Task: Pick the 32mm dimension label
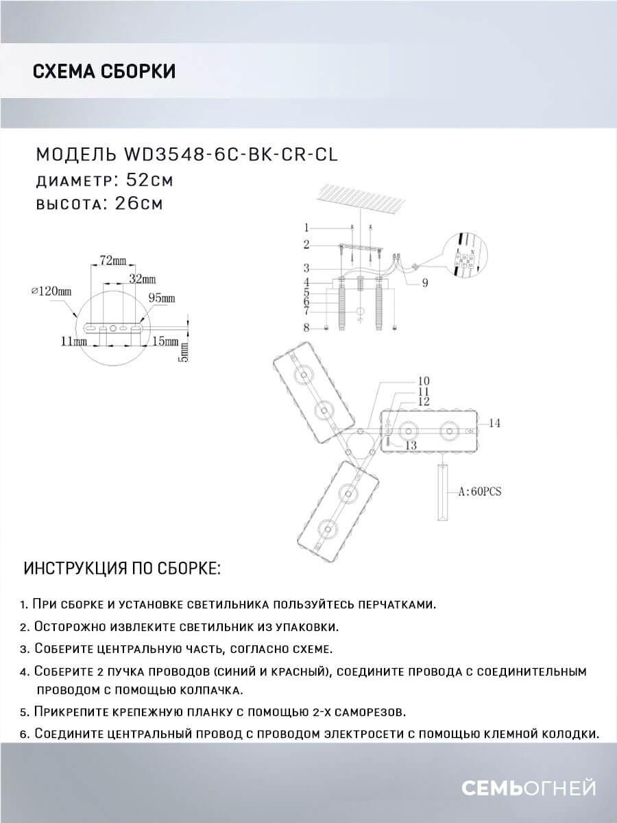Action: tap(143, 280)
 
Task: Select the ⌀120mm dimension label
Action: tap(51, 291)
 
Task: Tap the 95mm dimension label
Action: tap(162, 298)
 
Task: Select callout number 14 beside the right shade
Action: tap(494, 424)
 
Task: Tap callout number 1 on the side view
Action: tap(308, 227)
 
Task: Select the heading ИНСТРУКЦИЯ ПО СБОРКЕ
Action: tap(123, 569)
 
